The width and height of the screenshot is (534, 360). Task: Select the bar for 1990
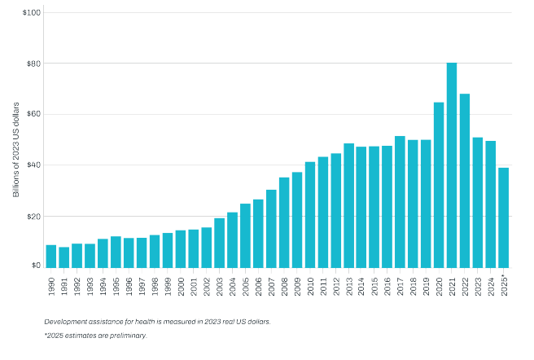point(51,256)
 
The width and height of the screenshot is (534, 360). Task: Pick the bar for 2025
point(504,217)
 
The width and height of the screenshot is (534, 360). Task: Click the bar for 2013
point(348,204)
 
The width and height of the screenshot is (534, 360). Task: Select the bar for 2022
point(465,180)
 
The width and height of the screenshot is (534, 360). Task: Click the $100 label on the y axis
point(32,13)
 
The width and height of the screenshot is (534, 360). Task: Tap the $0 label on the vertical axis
point(36,266)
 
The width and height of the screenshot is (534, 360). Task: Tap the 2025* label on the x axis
point(504,290)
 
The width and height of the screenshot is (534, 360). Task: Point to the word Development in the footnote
point(66,322)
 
